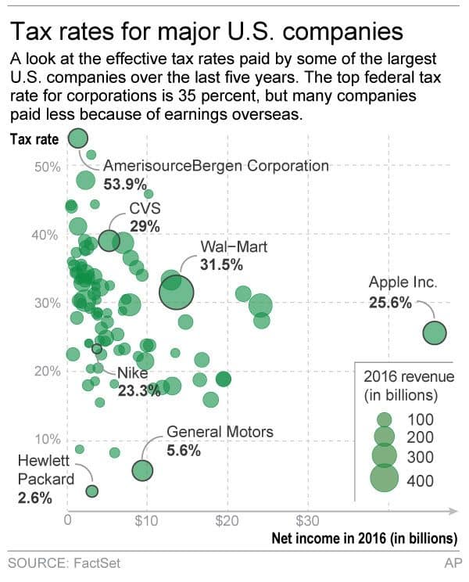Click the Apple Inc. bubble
click(434, 333)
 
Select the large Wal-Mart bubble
click(176, 293)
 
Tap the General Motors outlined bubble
click(142, 470)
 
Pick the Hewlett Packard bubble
click(91, 490)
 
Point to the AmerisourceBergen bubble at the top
click(77, 138)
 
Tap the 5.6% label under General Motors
click(184, 451)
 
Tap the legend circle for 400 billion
click(384, 480)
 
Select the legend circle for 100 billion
click(384, 419)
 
